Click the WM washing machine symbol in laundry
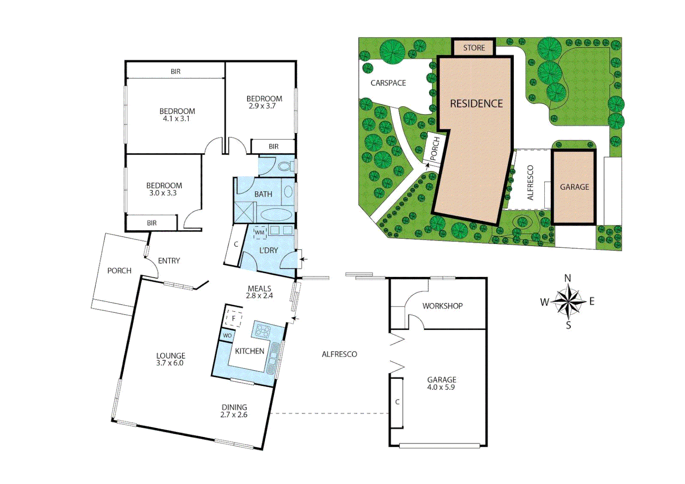[260, 233]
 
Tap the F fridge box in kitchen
[233, 319]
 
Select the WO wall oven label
[227, 335]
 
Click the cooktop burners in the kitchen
[263, 331]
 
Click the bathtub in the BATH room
[276, 215]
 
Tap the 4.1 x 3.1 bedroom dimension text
[176, 119]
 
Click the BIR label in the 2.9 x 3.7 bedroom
[273, 147]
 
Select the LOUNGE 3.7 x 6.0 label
[170, 359]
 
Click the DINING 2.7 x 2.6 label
[234, 411]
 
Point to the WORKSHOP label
[442, 306]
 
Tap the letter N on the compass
[568, 278]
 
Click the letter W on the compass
[544, 302]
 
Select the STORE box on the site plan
[474, 48]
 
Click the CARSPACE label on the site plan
[388, 83]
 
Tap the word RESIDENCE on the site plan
[476, 104]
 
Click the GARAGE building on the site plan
[574, 187]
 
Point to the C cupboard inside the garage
[397, 402]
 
